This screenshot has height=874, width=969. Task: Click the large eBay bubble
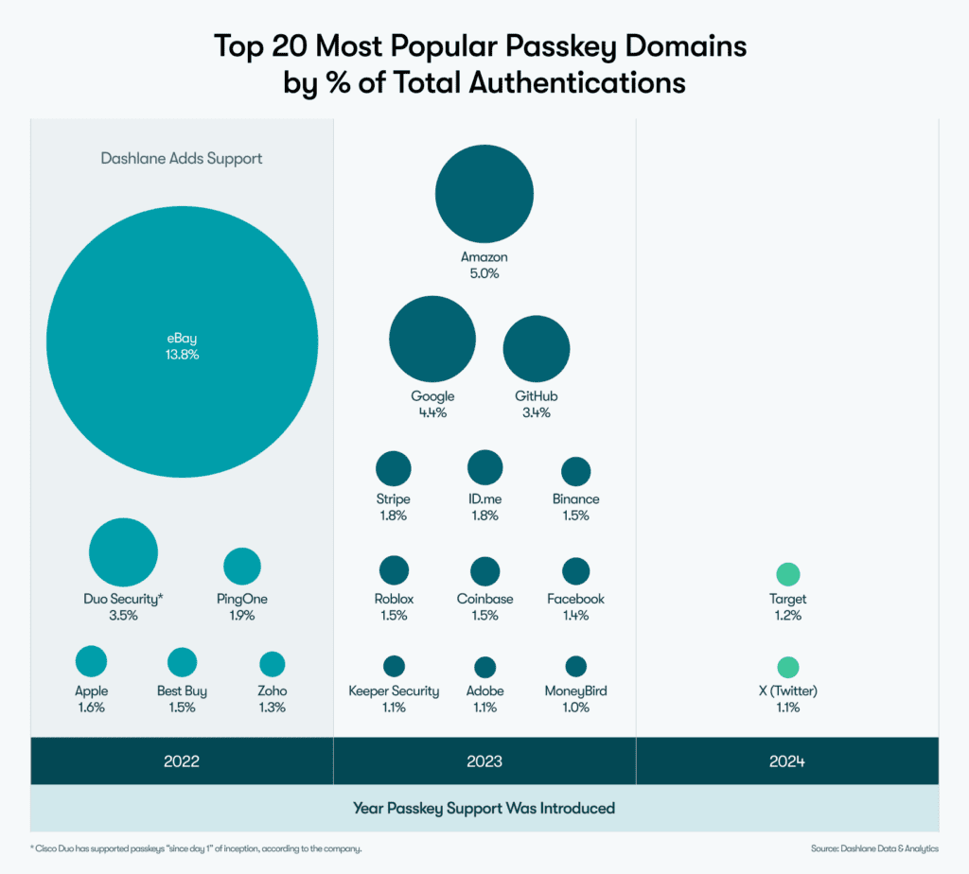click(x=182, y=346)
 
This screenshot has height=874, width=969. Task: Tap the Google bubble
click(x=432, y=339)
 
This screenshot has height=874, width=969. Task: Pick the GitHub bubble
click(x=536, y=348)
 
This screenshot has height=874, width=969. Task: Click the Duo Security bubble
click(x=123, y=552)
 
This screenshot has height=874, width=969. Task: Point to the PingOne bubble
click(x=242, y=566)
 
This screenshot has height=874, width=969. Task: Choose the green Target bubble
click(x=787, y=574)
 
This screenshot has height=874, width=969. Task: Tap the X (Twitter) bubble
click(x=787, y=667)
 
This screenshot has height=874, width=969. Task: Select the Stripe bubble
click(x=393, y=468)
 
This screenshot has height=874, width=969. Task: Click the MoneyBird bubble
click(x=575, y=666)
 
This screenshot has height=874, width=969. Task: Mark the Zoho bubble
click(x=272, y=664)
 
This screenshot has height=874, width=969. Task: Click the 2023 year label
click(x=484, y=761)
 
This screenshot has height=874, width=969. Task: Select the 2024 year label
click(x=787, y=761)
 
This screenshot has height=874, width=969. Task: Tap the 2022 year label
click(x=182, y=761)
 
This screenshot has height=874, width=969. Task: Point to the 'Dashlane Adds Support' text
click(x=182, y=158)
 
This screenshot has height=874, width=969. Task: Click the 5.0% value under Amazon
click(x=484, y=273)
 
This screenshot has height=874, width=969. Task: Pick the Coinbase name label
click(x=484, y=599)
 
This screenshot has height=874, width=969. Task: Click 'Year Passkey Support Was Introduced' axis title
click(x=484, y=809)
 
